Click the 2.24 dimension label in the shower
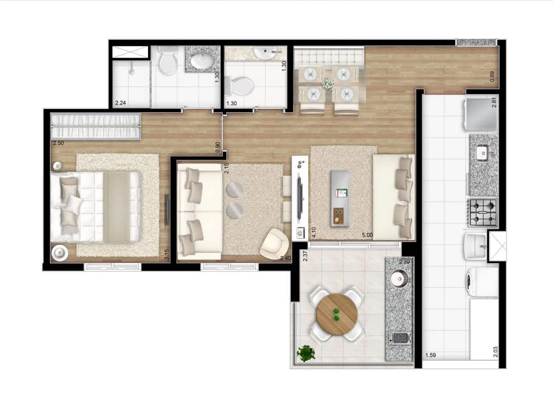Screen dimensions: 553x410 [x=121, y=103]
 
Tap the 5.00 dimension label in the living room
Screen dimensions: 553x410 [x=367, y=235]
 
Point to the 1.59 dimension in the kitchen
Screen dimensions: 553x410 [x=430, y=355]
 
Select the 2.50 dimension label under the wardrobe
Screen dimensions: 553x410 [x=58, y=143]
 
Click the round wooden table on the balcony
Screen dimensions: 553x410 [x=337, y=314]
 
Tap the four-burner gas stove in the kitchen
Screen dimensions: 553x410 [x=482, y=212]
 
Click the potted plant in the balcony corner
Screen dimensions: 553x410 [x=305, y=353]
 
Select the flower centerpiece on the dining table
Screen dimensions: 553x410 [x=328, y=84]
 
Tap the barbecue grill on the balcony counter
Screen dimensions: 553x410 [x=399, y=338]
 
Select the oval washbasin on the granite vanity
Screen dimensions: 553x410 [x=202, y=60]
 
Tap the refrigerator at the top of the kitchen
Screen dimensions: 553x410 [x=481, y=114]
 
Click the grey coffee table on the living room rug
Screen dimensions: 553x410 [x=340, y=198]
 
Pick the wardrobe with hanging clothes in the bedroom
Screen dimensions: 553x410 [x=96, y=126]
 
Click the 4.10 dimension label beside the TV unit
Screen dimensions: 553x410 [x=313, y=233]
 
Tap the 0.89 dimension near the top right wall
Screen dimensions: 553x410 [x=493, y=77]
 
